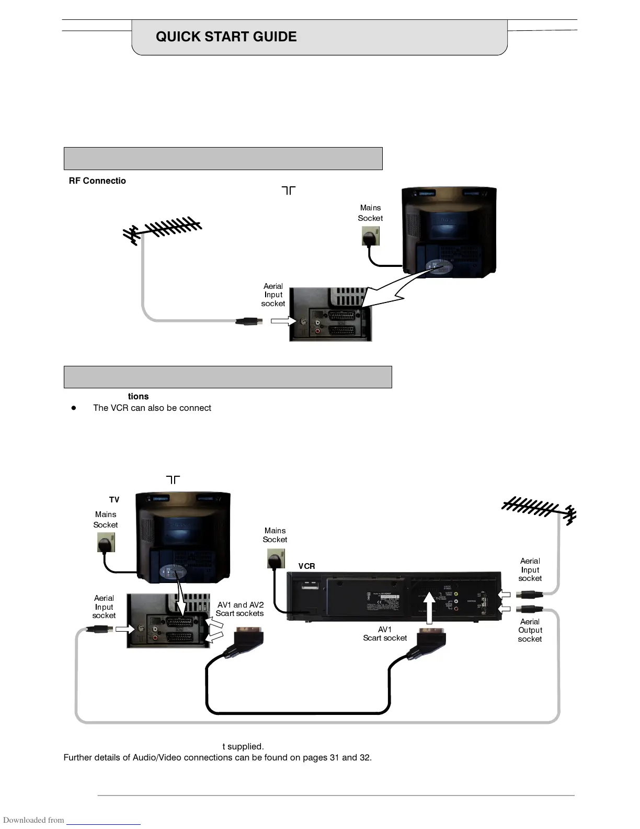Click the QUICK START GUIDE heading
tap(226, 37)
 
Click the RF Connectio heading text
tap(97, 181)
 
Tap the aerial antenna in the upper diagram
tap(163, 230)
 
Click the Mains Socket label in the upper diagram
tap(370, 213)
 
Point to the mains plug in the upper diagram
tap(370, 237)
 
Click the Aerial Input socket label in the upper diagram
tap(273, 295)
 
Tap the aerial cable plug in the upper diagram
tap(249, 321)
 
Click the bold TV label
tap(114, 500)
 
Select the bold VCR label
tap(306, 566)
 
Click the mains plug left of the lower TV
tap(106, 543)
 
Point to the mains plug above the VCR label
tap(276, 559)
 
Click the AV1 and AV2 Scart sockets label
tap(240, 609)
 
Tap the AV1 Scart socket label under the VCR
tap(385, 634)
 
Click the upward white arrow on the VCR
tap(429, 607)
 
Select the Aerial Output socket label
tap(530, 630)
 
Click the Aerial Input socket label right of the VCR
tap(530, 569)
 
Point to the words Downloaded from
tap(33, 820)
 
